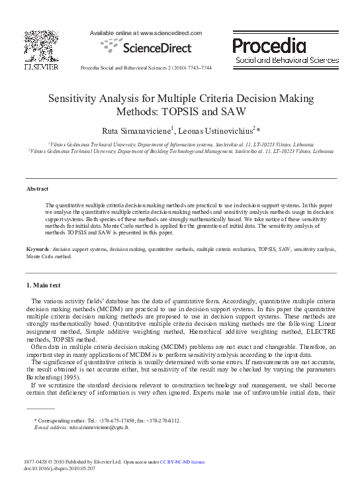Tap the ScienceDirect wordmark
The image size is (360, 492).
click(x=156, y=48)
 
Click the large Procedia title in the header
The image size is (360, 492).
click(x=269, y=46)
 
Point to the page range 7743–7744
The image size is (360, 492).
click(x=198, y=68)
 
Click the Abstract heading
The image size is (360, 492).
click(x=37, y=189)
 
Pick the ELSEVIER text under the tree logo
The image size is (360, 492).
click(x=41, y=66)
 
